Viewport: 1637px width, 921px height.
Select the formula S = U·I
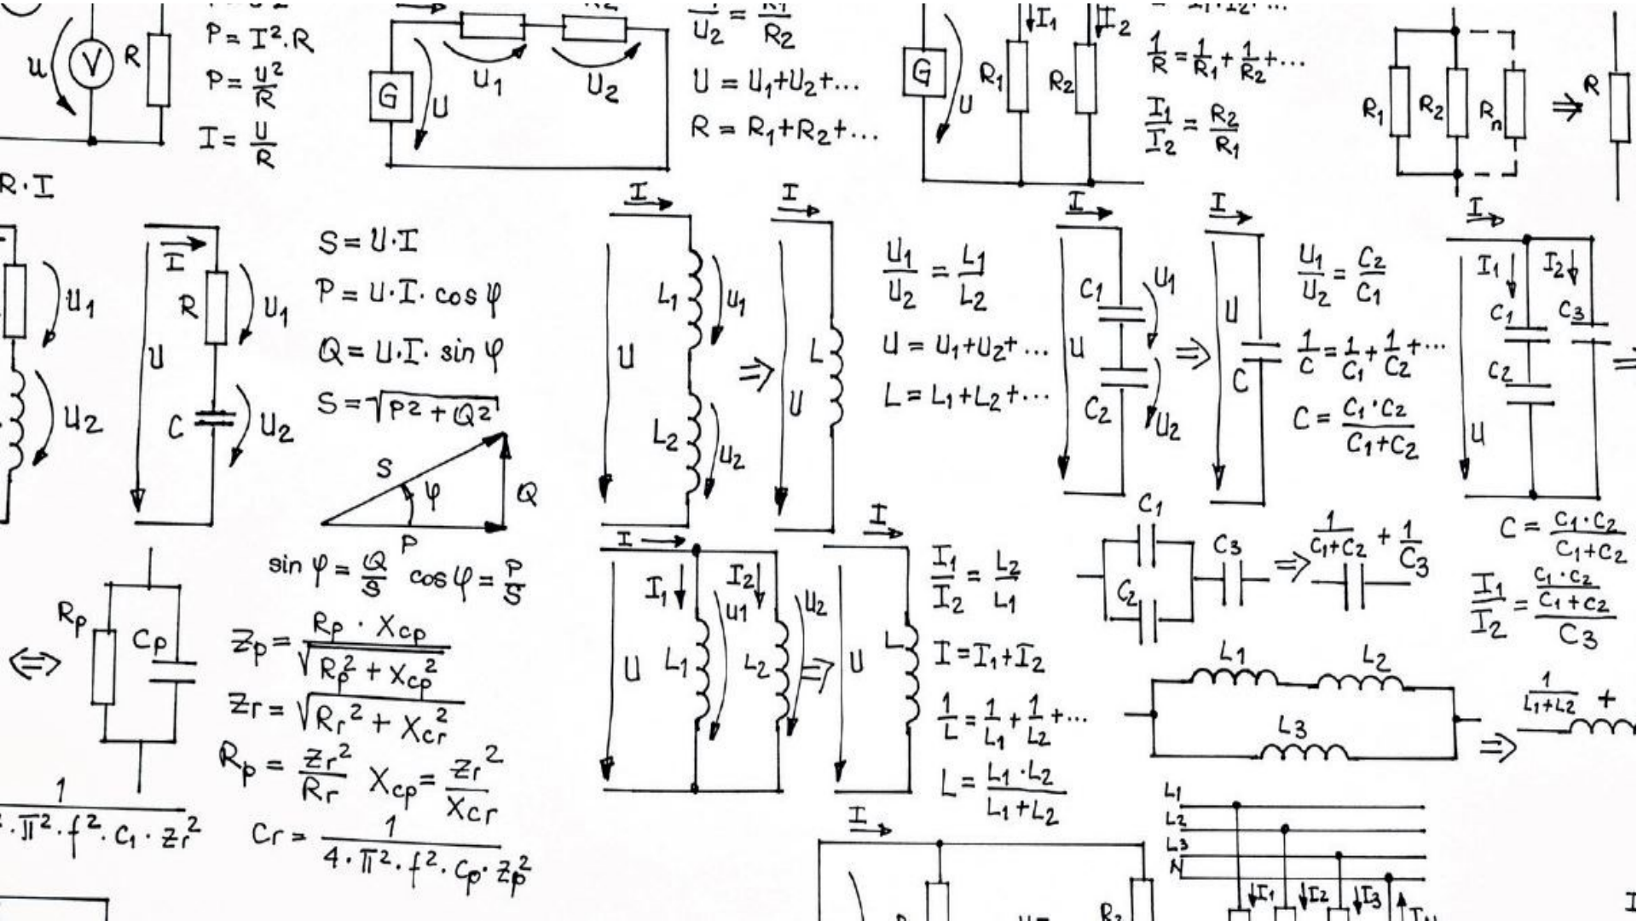coord(369,242)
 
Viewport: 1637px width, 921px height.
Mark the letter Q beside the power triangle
coord(528,494)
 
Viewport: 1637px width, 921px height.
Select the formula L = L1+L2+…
coord(966,396)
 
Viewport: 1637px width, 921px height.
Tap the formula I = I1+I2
coord(989,657)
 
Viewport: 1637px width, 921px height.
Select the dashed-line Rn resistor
coord(1514,104)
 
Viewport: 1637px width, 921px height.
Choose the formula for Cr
coord(392,844)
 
